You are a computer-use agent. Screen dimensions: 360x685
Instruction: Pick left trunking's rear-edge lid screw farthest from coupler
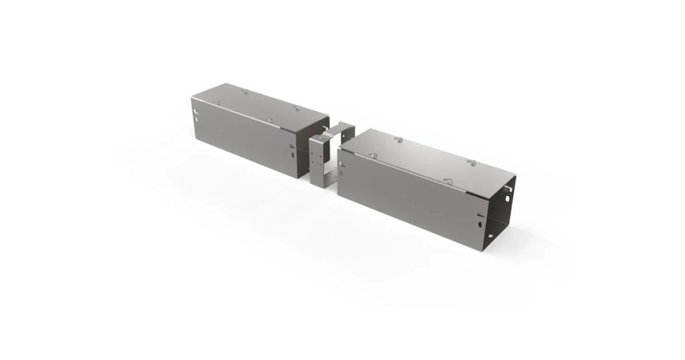click(x=245, y=90)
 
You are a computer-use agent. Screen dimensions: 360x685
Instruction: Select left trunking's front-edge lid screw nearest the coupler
click(x=269, y=120)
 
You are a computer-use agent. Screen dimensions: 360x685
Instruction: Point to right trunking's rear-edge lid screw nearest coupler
click(x=398, y=139)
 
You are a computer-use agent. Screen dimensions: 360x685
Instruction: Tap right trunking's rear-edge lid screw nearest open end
click(x=470, y=163)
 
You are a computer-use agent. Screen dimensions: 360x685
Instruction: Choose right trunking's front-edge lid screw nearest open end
click(x=448, y=181)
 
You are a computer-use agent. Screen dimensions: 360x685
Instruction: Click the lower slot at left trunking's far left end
click(x=196, y=118)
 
